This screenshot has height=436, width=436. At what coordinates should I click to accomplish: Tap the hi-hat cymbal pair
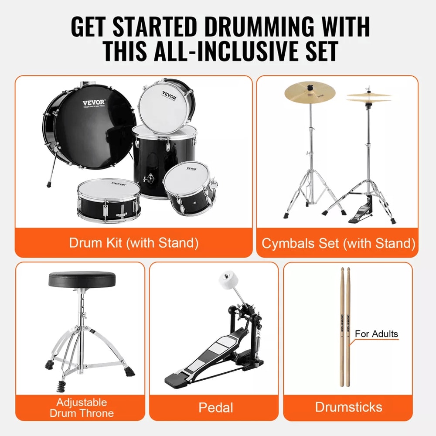(369, 97)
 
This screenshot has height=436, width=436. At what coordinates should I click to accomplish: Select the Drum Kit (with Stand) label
(133, 243)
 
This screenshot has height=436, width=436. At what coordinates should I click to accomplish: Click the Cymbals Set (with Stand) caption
(338, 243)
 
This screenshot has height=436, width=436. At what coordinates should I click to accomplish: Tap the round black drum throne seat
(82, 279)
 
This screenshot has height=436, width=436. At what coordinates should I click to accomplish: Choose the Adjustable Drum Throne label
(82, 407)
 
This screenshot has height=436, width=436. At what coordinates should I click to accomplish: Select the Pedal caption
(215, 408)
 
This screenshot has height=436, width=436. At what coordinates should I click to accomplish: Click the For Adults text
(376, 334)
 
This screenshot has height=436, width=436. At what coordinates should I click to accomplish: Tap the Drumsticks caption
(348, 407)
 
